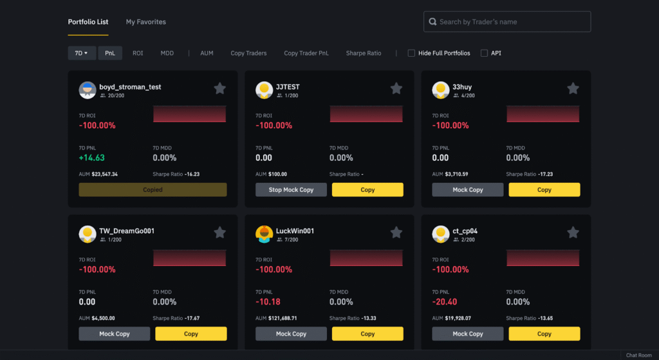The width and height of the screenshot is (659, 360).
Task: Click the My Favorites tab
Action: pos(145,22)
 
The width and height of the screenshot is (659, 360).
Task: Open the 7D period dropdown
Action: pos(82,53)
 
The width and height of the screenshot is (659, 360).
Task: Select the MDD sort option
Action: pos(167,53)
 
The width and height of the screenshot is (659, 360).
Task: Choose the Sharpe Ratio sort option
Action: pos(363,53)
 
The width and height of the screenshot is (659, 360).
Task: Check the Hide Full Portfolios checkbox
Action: pos(412,53)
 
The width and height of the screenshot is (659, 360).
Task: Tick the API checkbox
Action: pos(485,53)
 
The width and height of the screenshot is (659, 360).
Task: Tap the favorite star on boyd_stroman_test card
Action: pos(219,89)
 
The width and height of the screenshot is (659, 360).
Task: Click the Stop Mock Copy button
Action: pos(291,190)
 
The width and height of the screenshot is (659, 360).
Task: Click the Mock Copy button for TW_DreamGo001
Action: pos(114,334)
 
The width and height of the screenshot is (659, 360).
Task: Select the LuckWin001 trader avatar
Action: pos(264,234)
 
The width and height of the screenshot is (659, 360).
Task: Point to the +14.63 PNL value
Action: pos(91,158)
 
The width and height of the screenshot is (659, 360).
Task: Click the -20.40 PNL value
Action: pos(445,301)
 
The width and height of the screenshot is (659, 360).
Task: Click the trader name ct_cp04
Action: pos(465,231)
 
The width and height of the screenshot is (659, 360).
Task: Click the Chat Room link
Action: pos(638,355)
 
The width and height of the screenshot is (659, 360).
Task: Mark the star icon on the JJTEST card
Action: pos(396,89)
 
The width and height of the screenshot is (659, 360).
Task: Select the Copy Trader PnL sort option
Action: pos(306,53)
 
